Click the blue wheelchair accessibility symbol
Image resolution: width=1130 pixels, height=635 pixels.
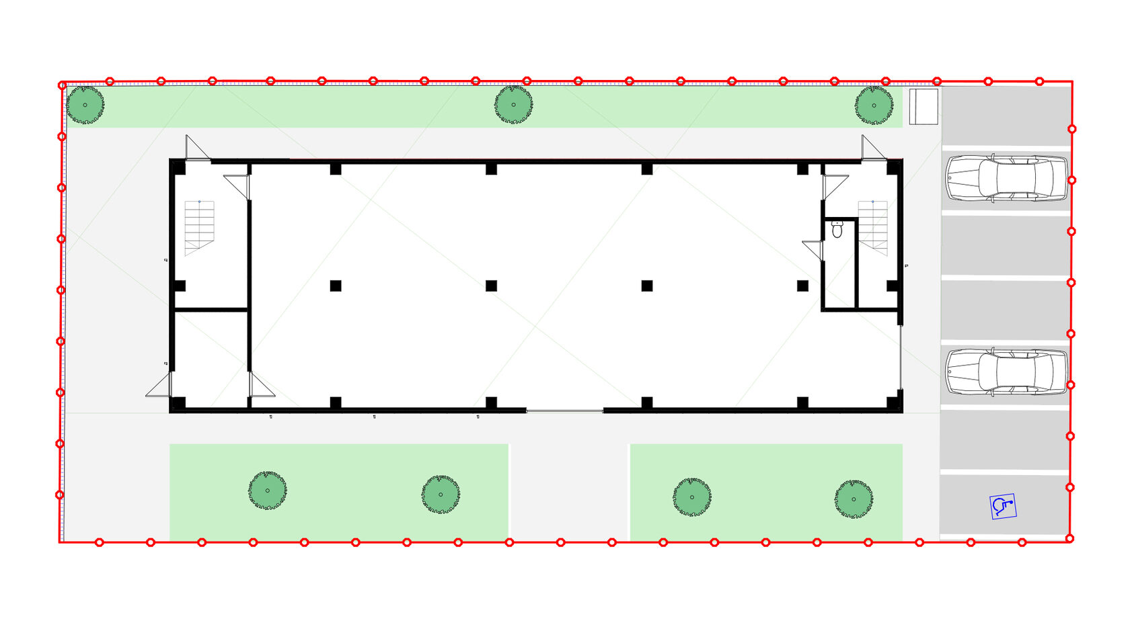click(x=1002, y=506)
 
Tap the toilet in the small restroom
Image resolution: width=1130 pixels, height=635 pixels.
click(x=837, y=229)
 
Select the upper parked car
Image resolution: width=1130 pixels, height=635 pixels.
click(x=1006, y=179)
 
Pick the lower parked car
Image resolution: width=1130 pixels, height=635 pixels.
click(x=1006, y=372)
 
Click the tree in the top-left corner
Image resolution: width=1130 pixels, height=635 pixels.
click(x=85, y=105)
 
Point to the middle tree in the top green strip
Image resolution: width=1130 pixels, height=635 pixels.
click(x=513, y=105)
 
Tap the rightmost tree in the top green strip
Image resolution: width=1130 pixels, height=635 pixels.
click(x=874, y=105)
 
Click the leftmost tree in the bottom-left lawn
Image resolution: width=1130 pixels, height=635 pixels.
click(x=268, y=491)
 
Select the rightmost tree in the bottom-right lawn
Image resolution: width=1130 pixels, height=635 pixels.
click(x=854, y=499)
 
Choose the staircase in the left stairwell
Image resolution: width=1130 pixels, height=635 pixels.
click(x=199, y=227)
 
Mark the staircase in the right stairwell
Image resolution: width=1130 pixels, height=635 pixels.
click(x=872, y=227)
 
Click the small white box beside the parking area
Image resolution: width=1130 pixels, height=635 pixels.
click(x=923, y=106)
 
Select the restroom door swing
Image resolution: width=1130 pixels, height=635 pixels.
click(x=814, y=249)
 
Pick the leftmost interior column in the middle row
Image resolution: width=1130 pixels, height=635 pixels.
click(x=336, y=286)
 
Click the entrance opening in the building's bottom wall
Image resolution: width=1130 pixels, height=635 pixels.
click(x=564, y=410)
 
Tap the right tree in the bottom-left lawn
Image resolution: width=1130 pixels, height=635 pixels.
click(x=441, y=495)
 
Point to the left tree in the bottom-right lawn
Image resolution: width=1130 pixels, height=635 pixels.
click(x=691, y=497)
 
